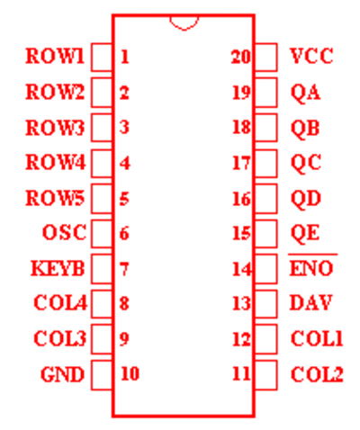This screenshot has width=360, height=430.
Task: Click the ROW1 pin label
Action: [55, 56]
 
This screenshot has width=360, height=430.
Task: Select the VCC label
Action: [311, 56]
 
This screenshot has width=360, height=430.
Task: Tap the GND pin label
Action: [62, 374]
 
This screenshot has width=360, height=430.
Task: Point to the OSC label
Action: [64, 232]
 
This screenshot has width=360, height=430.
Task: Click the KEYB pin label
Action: [58, 268]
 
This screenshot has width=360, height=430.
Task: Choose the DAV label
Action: [310, 303]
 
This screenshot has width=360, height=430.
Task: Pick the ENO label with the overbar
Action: [311, 265]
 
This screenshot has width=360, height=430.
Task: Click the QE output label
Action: [305, 233]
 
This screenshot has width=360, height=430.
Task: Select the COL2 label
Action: [317, 374]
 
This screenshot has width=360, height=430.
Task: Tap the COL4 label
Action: [60, 303]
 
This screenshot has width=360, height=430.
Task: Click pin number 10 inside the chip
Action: [130, 374]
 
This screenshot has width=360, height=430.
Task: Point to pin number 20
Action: [241, 57]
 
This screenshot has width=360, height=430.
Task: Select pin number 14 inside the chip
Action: [242, 269]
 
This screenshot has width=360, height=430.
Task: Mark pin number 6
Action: [124, 234]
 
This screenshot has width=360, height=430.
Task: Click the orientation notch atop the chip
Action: [184, 23]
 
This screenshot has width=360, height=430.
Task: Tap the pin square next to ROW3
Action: [102, 128]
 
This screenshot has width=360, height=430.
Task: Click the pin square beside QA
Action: [265, 93]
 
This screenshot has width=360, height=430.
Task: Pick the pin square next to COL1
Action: [265, 339]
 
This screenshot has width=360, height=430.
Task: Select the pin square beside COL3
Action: [102, 339]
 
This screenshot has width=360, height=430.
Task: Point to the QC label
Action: [306, 164]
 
